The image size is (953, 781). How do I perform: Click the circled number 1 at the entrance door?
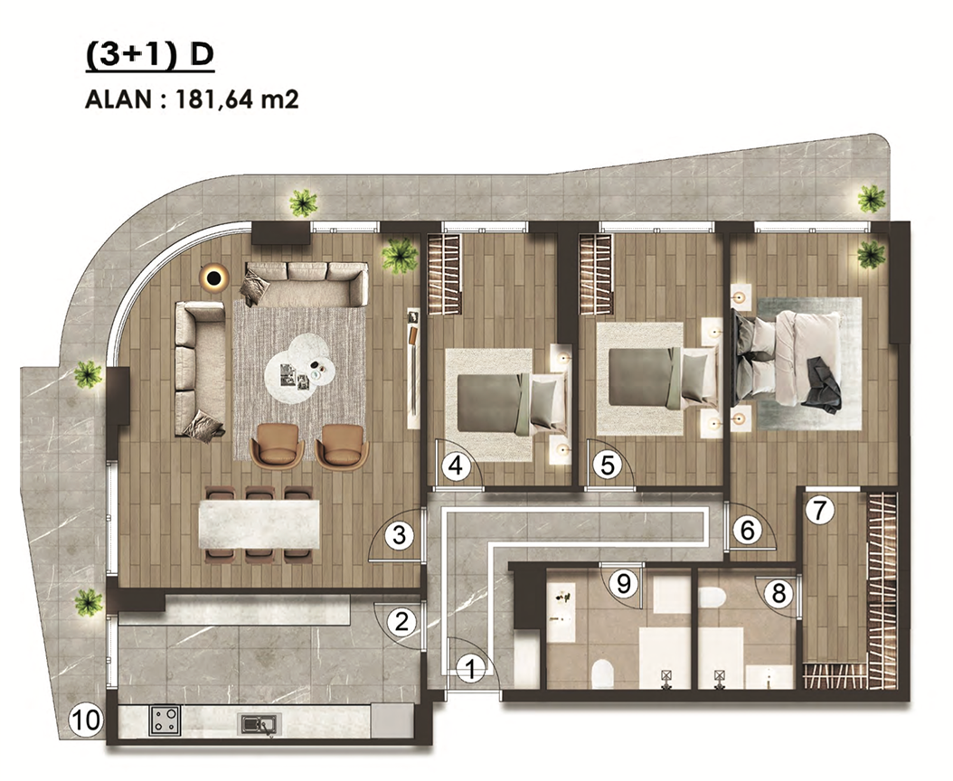tap(470, 669)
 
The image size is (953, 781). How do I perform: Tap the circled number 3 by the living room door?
tap(400, 535)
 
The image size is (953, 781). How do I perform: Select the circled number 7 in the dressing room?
tap(820, 510)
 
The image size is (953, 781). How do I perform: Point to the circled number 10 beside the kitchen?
tap(86, 720)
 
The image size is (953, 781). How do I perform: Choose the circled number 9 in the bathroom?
tap(624, 583)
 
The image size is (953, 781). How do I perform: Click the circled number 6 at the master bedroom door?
tap(747, 530)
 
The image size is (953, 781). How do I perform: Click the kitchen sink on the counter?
tap(259, 723)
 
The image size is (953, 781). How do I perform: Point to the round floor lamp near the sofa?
tap(213, 278)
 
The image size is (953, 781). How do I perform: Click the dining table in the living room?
tap(259, 524)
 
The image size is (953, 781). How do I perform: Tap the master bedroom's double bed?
tap(788, 358)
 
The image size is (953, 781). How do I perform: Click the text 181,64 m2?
tap(237, 99)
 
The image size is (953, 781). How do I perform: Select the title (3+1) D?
tap(150, 55)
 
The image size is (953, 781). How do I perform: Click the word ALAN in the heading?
tap(118, 99)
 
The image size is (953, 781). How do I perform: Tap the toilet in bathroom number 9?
tap(601, 673)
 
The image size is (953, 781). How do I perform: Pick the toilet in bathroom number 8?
tap(710, 597)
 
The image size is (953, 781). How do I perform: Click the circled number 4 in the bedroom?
tap(456, 466)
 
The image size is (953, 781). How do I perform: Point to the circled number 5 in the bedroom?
tap(608, 466)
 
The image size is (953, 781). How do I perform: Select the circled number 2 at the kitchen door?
tap(401, 622)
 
